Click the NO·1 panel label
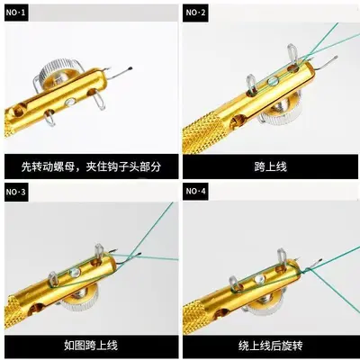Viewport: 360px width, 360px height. click(x=16, y=13)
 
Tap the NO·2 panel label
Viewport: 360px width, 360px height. click(x=195, y=13)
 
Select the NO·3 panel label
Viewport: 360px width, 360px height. click(x=16, y=192)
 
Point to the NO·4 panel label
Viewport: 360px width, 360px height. click(x=195, y=191)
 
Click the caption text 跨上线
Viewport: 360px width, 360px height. click(x=270, y=166)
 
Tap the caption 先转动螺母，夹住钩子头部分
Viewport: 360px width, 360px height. click(x=91, y=166)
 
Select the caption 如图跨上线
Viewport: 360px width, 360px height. click(x=91, y=345)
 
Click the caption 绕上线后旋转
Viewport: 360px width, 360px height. click(x=271, y=346)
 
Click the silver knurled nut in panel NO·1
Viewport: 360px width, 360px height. click(x=58, y=71)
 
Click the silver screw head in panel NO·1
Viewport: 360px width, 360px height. click(x=69, y=102)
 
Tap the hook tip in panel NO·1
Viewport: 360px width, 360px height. click(x=130, y=67)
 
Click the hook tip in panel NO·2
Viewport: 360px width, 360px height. click(x=336, y=57)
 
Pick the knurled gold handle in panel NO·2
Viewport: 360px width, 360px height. click(x=202, y=134)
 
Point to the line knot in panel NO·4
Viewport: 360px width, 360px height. click(x=305, y=271)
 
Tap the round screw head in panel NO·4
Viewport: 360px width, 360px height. click(x=259, y=280)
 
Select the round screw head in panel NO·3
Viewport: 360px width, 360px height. click(x=75, y=272)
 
